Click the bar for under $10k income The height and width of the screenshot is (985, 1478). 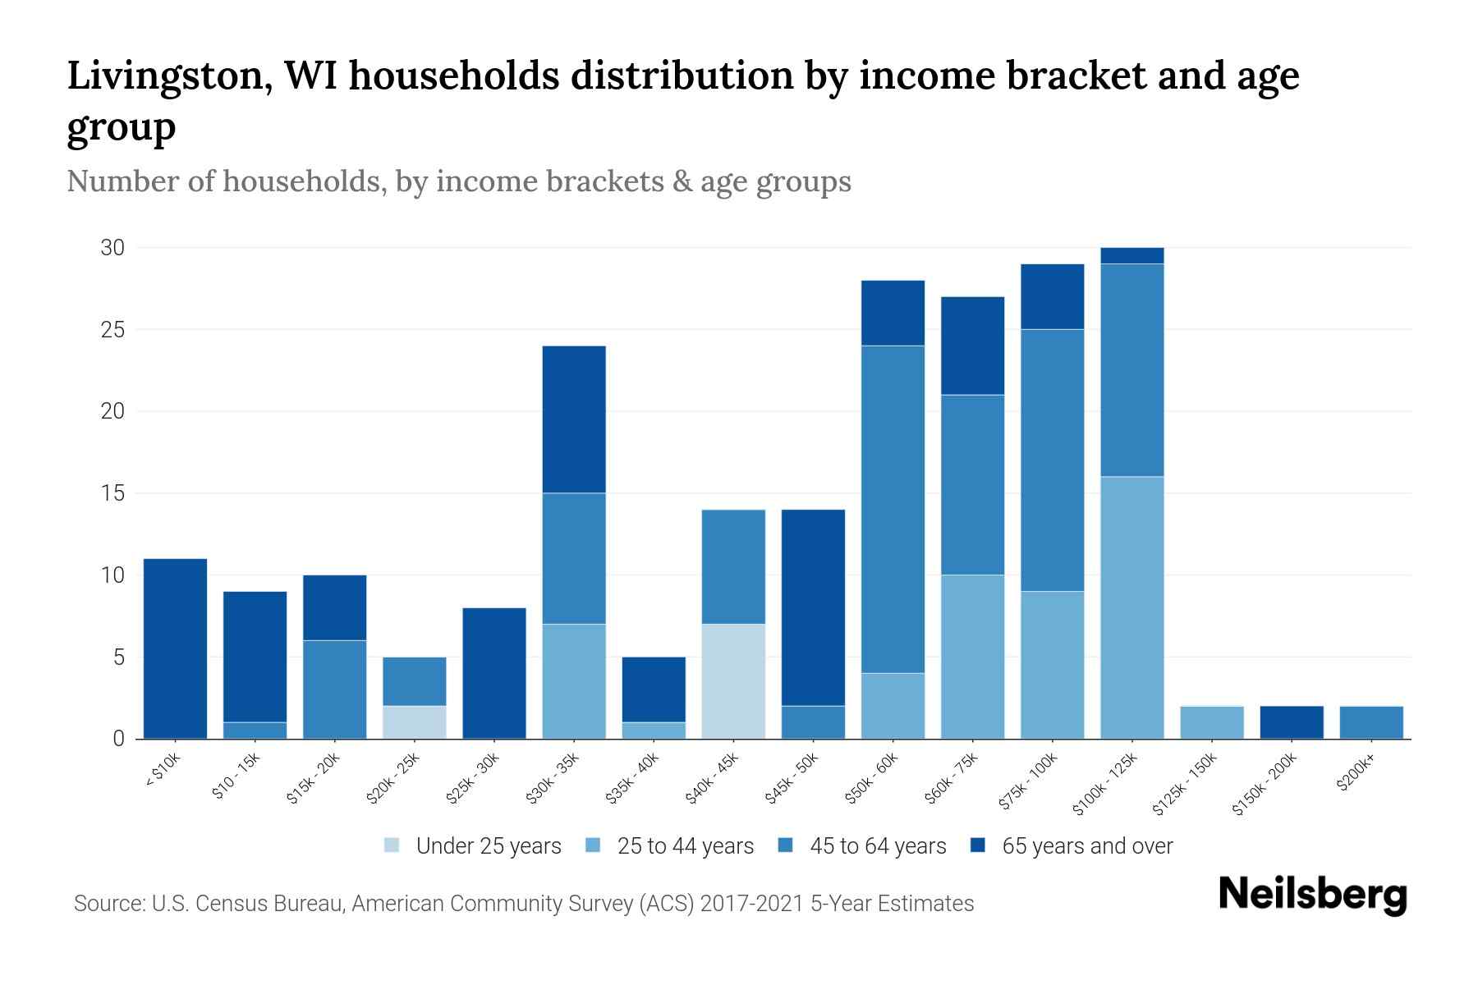(175, 648)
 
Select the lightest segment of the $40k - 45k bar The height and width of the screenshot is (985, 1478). (733, 681)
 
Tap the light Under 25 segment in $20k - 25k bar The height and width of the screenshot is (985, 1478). (415, 722)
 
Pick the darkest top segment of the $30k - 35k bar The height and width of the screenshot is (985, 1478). (574, 419)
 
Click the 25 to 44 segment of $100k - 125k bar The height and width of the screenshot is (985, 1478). (1132, 607)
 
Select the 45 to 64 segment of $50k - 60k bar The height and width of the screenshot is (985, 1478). (893, 509)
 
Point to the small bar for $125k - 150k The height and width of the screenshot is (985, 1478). (1212, 722)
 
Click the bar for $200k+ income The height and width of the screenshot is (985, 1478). (1371, 722)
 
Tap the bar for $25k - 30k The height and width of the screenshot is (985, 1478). (494, 673)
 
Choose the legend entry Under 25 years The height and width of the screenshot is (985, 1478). (489, 846)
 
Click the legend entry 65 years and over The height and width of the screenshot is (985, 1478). (1087, 846)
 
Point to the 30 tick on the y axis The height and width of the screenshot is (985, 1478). (112, 248)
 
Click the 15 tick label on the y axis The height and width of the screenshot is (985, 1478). (112, 493)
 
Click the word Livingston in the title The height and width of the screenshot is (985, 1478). (169, 76)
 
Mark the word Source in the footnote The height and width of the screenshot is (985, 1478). (108, 904)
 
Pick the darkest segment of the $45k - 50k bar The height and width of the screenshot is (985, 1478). (813, 607)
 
